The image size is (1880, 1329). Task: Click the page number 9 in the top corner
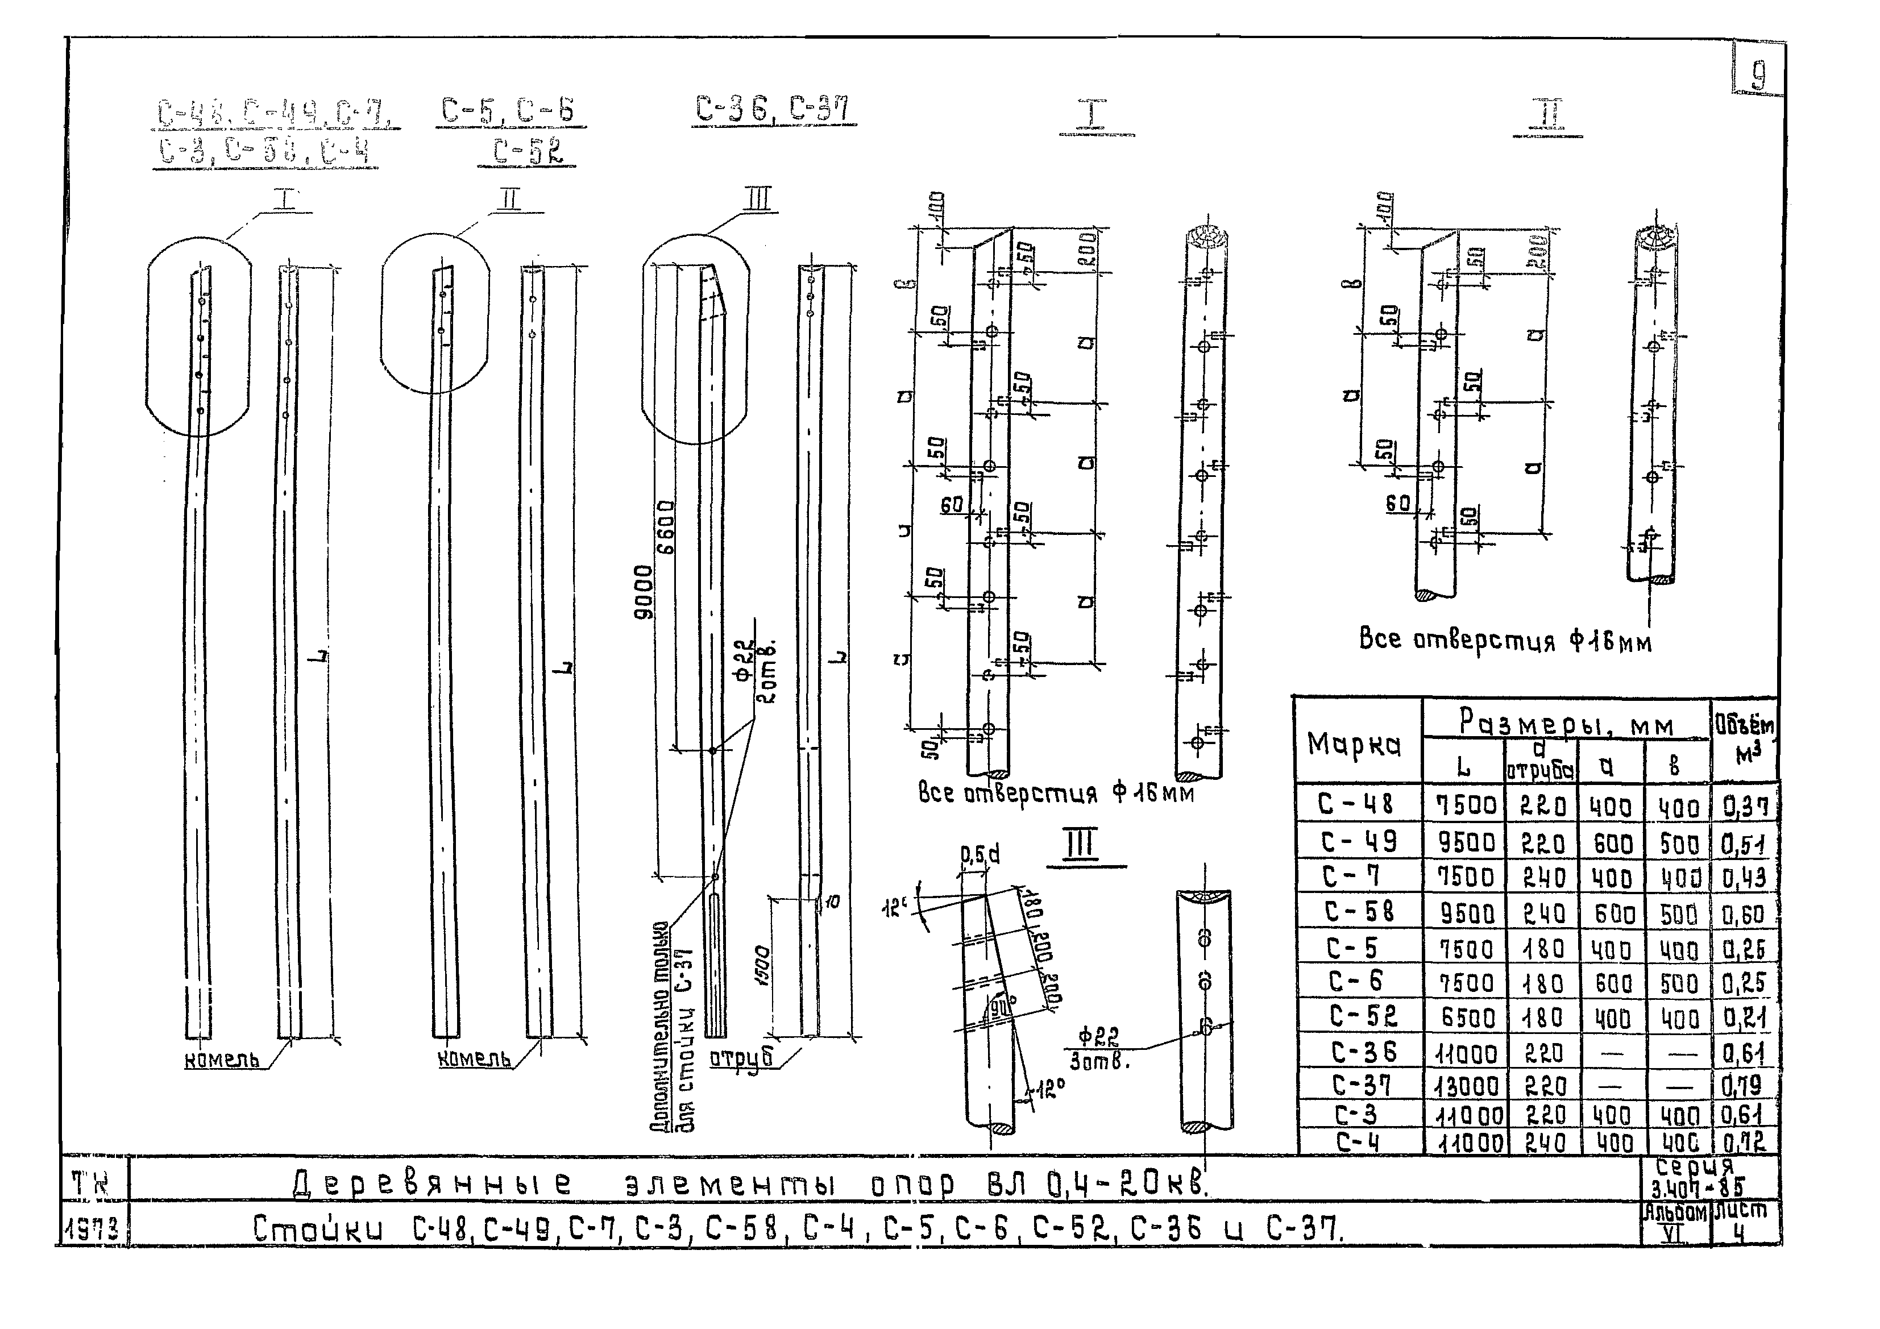[1758, 76]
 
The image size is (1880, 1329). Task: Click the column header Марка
[1354, 744]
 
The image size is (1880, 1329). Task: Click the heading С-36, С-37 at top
[772, 109]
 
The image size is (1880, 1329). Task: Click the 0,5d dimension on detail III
[980, 855]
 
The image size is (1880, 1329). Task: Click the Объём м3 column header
[1744, 738]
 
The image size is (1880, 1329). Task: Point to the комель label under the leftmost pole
[222, 1059]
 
